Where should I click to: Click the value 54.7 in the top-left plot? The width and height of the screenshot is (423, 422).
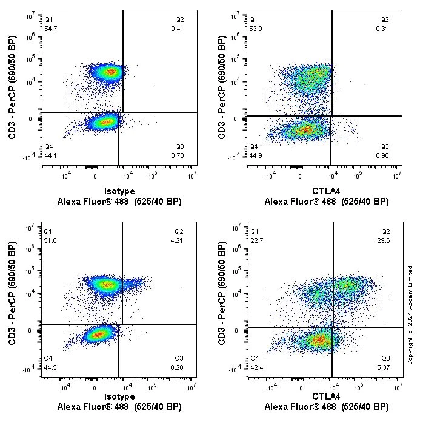pyautogui.click(x=51, y=29)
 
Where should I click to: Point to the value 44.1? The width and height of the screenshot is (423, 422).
pyautogui.click(x=51, y=156)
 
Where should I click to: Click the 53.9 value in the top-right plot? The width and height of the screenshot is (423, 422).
pyautogui.click(x=257, y=29)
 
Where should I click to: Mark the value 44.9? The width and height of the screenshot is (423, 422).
pyautogui.click(x=257, y=156)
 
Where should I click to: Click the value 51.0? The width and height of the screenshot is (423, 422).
pyautogui.click(x=51, y=240)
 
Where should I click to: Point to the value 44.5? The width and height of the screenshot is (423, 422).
pyautogui.click(x=51, y=367)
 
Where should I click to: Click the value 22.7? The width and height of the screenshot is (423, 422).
pyautogui.click(x=257, y=240)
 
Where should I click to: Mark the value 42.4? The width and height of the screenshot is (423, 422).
pyautogui.click(x=257, y=367)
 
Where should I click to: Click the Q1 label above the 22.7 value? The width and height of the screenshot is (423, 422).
pyautogui.click(x=255, y=231)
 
